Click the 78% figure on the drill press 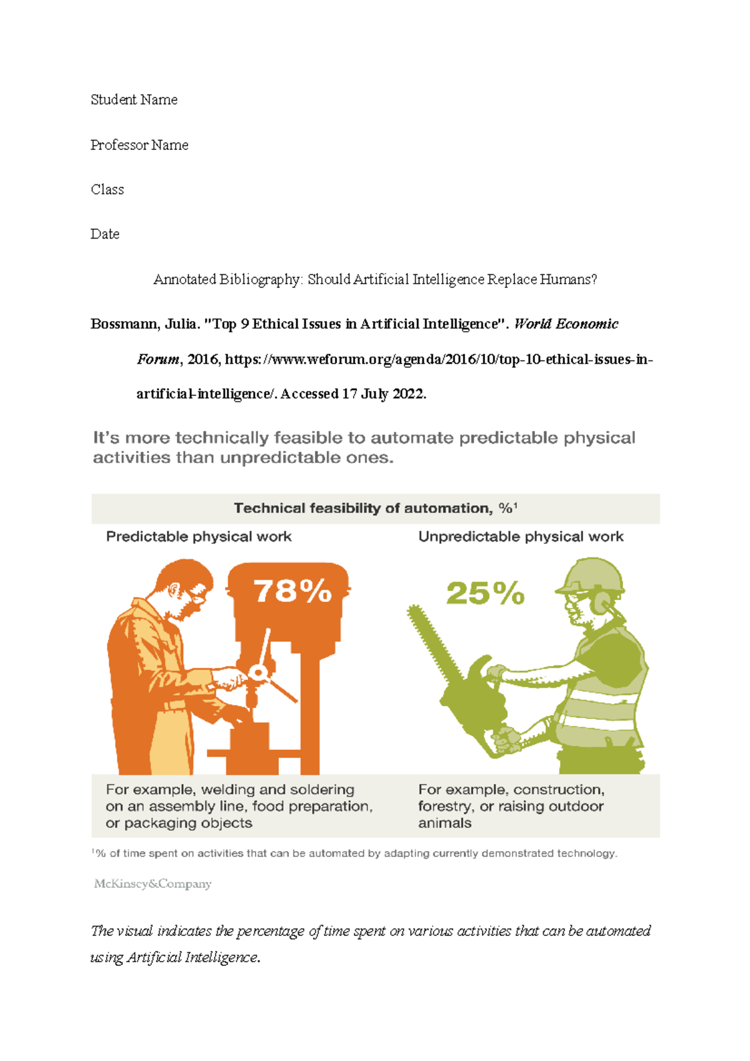(x=292, y=590)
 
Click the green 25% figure (x=485, y=594)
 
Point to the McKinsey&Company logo (x=152, y=884)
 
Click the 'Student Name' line (x=134, y=100)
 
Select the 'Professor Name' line (x=139, y=145)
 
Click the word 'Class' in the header (x=107, y=189)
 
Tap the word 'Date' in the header (x=105, y=234)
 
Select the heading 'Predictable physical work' (x=199, y=537)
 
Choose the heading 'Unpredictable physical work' (x=521, y=537)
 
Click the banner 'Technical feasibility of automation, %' (x=375, y=509)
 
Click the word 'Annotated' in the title (x=184, y=279)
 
